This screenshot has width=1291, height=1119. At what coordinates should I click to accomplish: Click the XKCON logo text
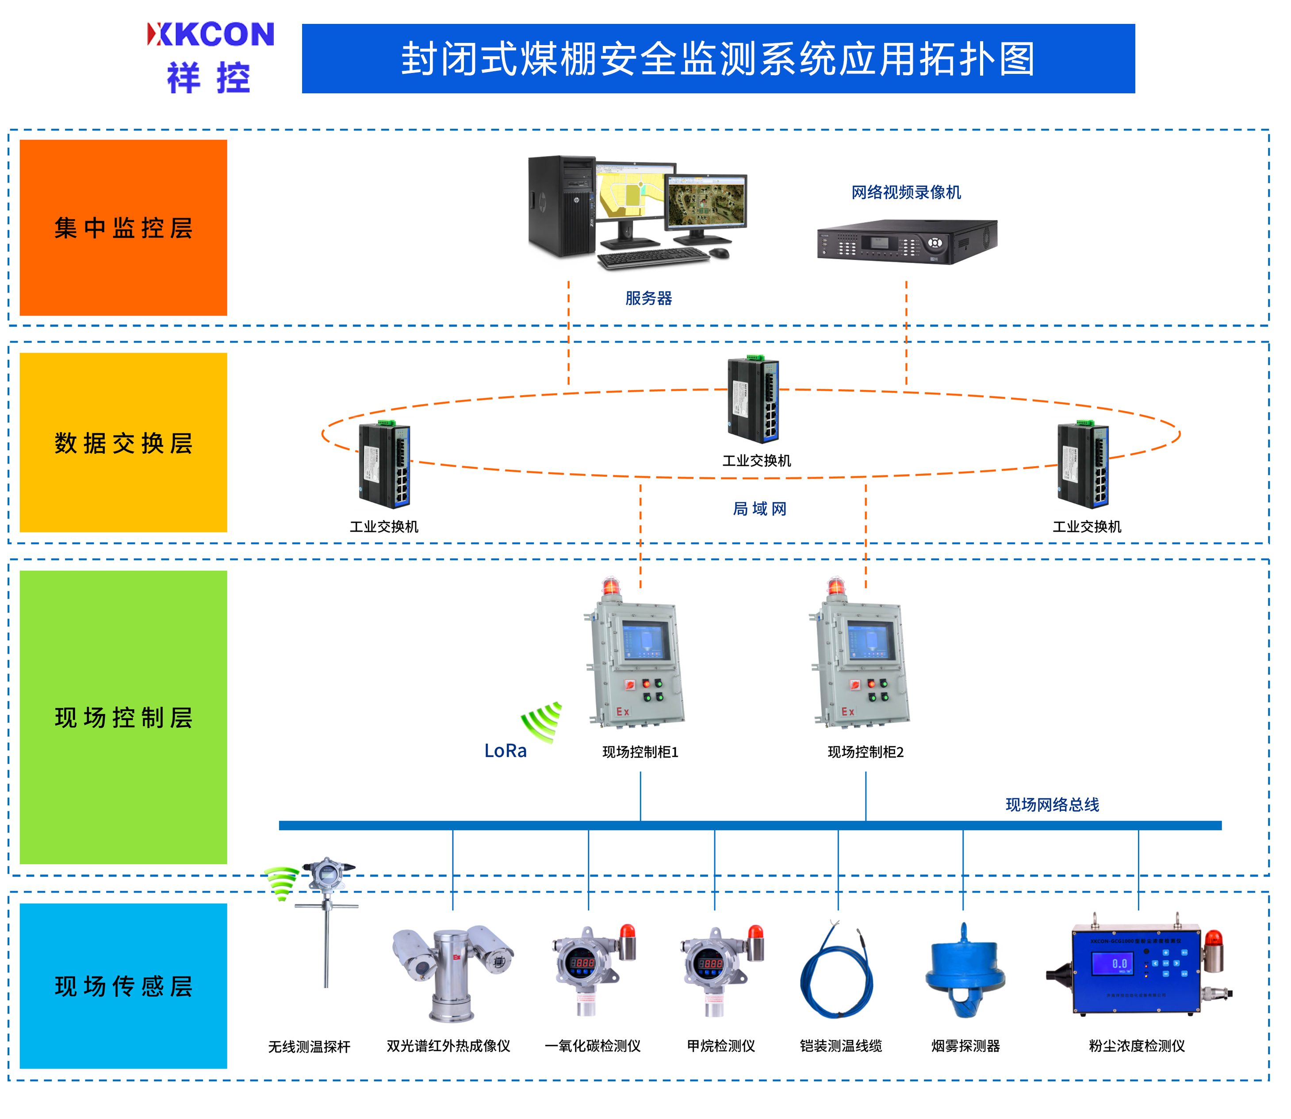coord(211,34)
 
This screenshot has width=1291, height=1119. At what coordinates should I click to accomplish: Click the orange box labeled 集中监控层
coord(123,227)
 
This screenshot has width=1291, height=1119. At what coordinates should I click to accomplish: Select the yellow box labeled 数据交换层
coord(123,442)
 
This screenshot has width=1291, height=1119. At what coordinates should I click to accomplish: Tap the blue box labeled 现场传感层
coord(123,985)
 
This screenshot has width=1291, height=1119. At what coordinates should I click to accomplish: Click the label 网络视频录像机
coord(906,192)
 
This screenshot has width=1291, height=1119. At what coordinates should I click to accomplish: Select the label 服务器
coord(649,299)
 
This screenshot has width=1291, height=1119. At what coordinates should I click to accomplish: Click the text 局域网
coord(759,509)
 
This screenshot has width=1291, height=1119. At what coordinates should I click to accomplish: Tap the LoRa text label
coord(505,751)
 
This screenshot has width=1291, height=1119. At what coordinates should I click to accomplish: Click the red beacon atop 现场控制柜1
coord(610,587)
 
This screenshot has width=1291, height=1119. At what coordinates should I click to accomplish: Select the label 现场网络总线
coord(1052,804)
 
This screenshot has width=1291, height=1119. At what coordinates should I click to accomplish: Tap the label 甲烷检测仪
coord(721,1046)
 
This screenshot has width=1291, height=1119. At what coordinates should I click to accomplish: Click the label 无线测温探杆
coord(309,1046)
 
